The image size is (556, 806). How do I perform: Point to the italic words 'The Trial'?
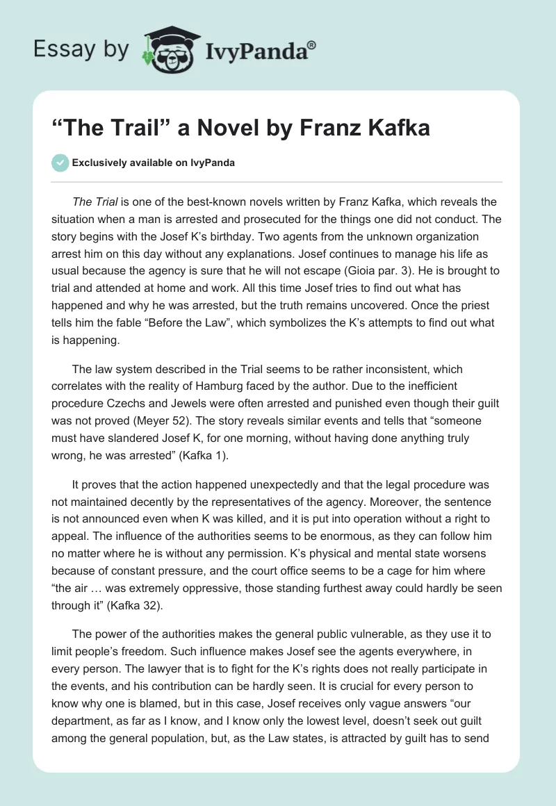tap(95, 202)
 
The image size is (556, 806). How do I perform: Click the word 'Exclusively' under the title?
tap(99, 163)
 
